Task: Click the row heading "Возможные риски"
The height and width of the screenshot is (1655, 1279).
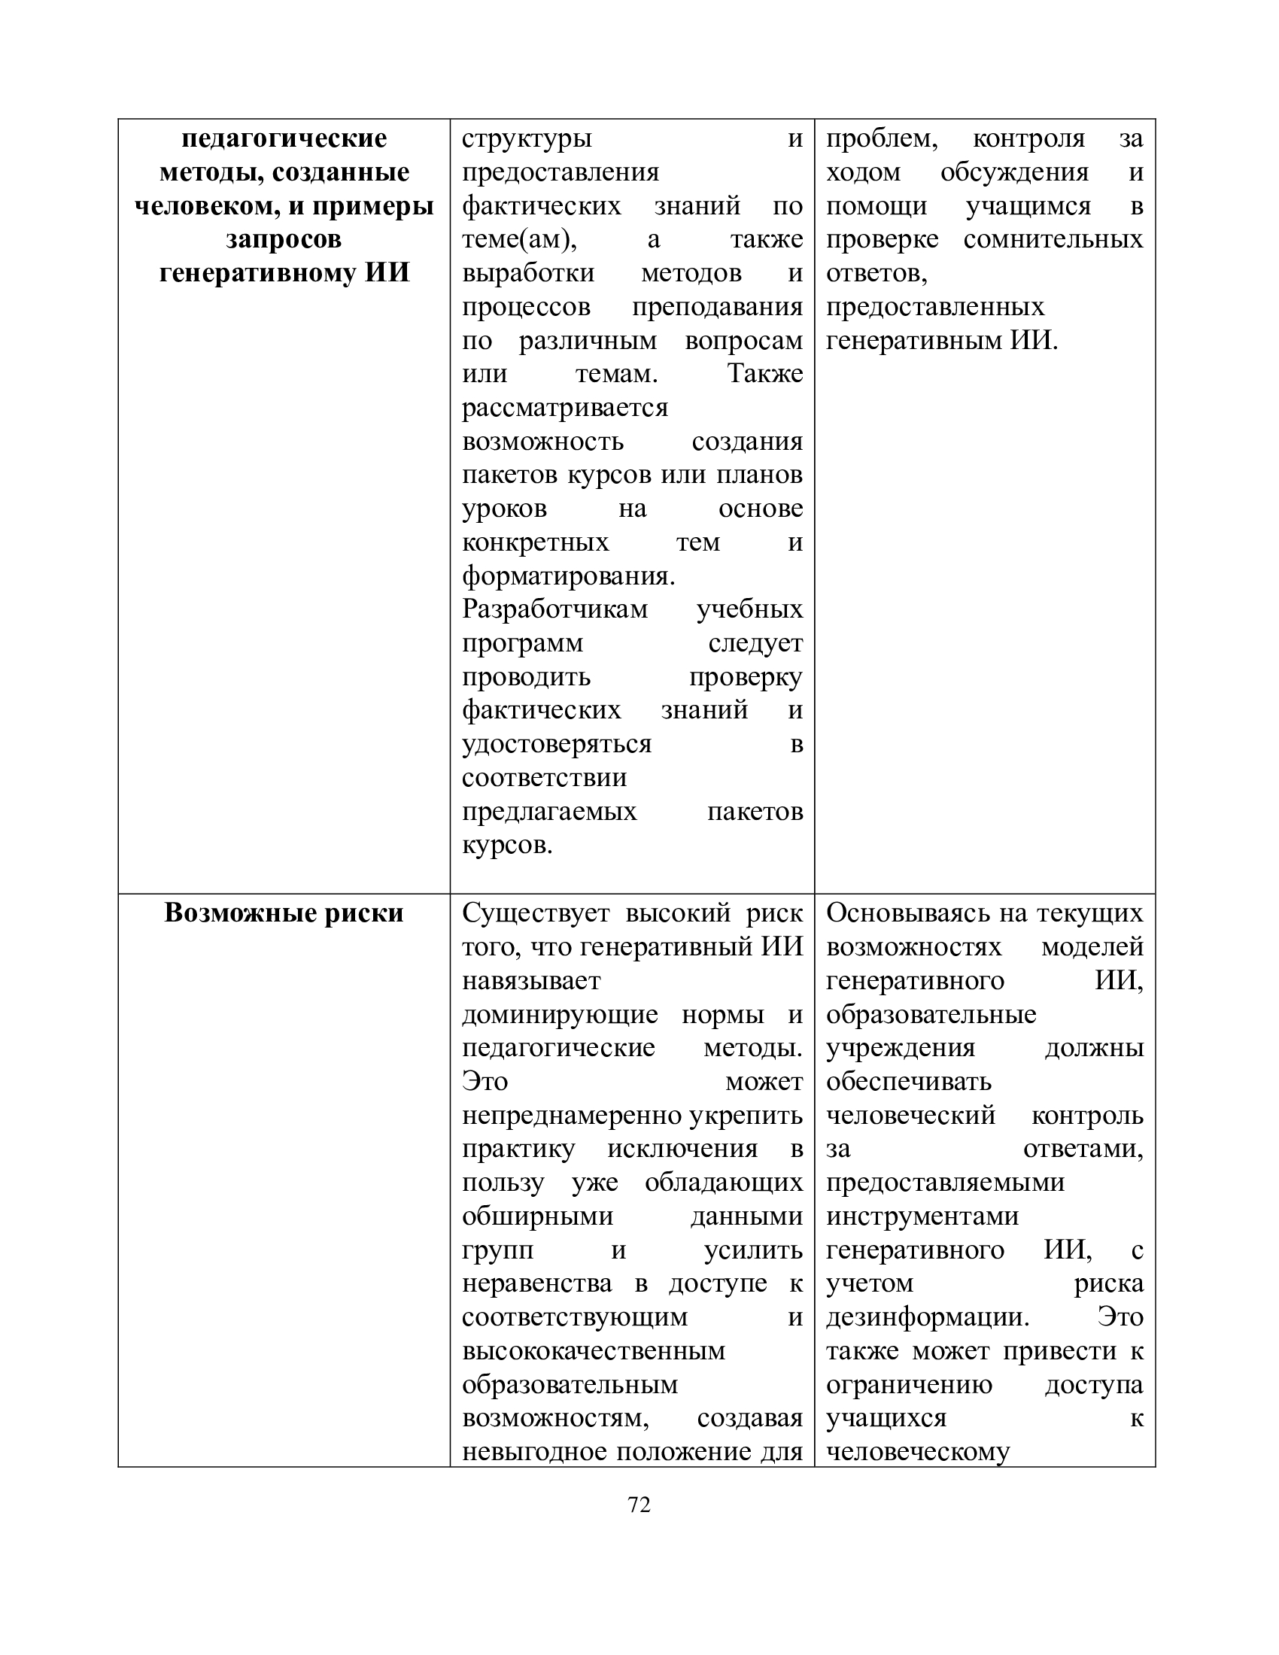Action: pos(284,913)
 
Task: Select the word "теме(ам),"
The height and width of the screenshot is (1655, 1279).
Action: pos(519,239)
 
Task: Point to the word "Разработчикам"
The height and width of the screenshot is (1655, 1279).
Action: pos(554,609)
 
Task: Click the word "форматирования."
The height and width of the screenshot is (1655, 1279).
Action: pos(568,576)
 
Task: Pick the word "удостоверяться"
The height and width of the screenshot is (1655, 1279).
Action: pos(557,744)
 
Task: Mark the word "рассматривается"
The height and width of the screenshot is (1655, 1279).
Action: pos(565,408)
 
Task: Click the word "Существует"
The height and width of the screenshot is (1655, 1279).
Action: pos(536,913)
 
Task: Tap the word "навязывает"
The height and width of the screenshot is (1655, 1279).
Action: pos(531,980)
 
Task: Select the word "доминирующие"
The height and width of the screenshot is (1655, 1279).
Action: pos(560,1015)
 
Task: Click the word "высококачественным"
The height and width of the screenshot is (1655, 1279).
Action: pos(594,1351)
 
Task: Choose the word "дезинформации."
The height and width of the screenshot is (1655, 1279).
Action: pos(928,1317)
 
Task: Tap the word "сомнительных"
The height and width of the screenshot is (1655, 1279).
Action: pos(1053,239)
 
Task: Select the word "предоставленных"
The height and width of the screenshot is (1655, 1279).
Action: pos(935,307)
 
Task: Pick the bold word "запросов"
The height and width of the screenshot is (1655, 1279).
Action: pos(284,239)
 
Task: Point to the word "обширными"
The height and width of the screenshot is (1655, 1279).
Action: pos(537,1216)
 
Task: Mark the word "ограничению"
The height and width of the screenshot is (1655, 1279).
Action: pos(909,1384)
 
